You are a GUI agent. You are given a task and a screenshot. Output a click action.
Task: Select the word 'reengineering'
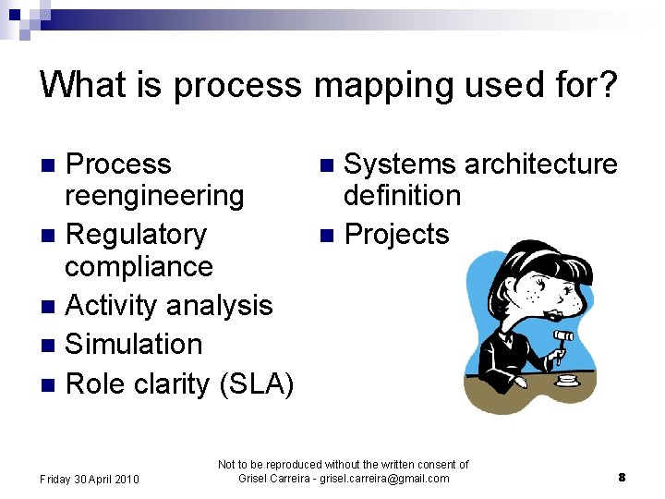(x=154, y=196)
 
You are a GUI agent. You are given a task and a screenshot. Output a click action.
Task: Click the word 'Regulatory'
(x=137, y=235)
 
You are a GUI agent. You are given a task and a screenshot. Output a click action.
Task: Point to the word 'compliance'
(x=139, y=267)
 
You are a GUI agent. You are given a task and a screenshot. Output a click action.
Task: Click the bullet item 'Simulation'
(x=134, y=345)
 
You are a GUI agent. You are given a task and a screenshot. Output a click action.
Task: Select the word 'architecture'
(x=540, y=164)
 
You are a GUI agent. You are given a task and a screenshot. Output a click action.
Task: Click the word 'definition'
(x=402, y=196)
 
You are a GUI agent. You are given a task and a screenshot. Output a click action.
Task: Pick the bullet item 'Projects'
(x=396, y=235)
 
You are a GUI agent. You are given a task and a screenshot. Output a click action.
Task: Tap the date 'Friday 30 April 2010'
(x=90, y=479)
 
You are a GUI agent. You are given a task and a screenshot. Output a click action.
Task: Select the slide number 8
(x=622, y=478)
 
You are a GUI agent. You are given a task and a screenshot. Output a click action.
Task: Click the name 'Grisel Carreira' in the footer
(x=274, y=479)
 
